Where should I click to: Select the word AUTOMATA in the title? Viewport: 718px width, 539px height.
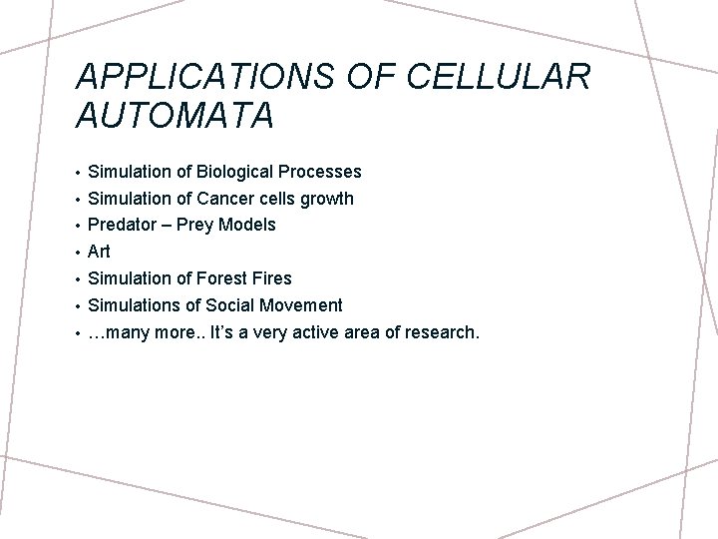click(x=174, y=116)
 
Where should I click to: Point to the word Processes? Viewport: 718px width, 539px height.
click(x=320, y=172)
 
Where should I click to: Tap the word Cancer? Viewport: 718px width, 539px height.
click(x=228, y=199)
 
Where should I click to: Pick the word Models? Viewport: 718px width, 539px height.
click(x=248, y=225)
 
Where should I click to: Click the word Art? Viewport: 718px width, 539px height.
click(x=99, y=252)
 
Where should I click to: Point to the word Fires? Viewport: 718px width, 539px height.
click(x=272, y=278)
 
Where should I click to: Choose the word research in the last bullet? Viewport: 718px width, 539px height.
click(x=443, y=331)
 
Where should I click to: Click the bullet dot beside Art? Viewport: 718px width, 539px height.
click(x=77, y=253)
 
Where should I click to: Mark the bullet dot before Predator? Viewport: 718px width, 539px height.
click(x=77, y=226)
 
